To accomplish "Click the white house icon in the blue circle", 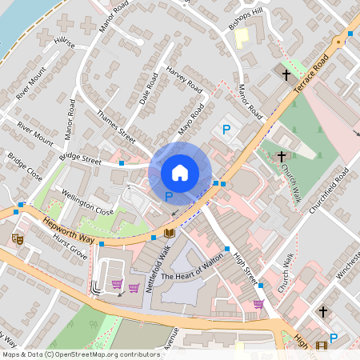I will (x=180, y=173).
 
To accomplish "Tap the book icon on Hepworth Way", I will (x=169, y=233).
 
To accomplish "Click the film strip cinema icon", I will (x=322, y=346).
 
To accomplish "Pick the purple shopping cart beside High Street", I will (x=258, y=304).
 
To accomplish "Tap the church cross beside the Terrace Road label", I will (x=286, y=74).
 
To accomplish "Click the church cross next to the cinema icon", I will (x=323, y=310).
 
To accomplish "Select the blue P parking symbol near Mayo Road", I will (x=226, y=129).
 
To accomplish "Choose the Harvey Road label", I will (x=183, y=79).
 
